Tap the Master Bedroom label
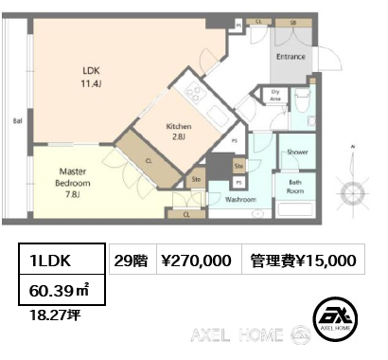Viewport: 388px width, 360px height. [72, 175]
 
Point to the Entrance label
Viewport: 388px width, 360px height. [290, 57]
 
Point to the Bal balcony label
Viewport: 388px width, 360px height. [17, 121]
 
